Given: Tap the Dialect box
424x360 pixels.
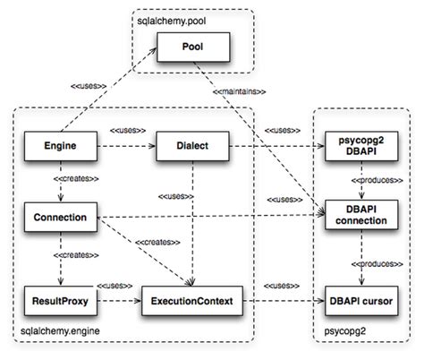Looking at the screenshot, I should [x=191, y=142].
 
